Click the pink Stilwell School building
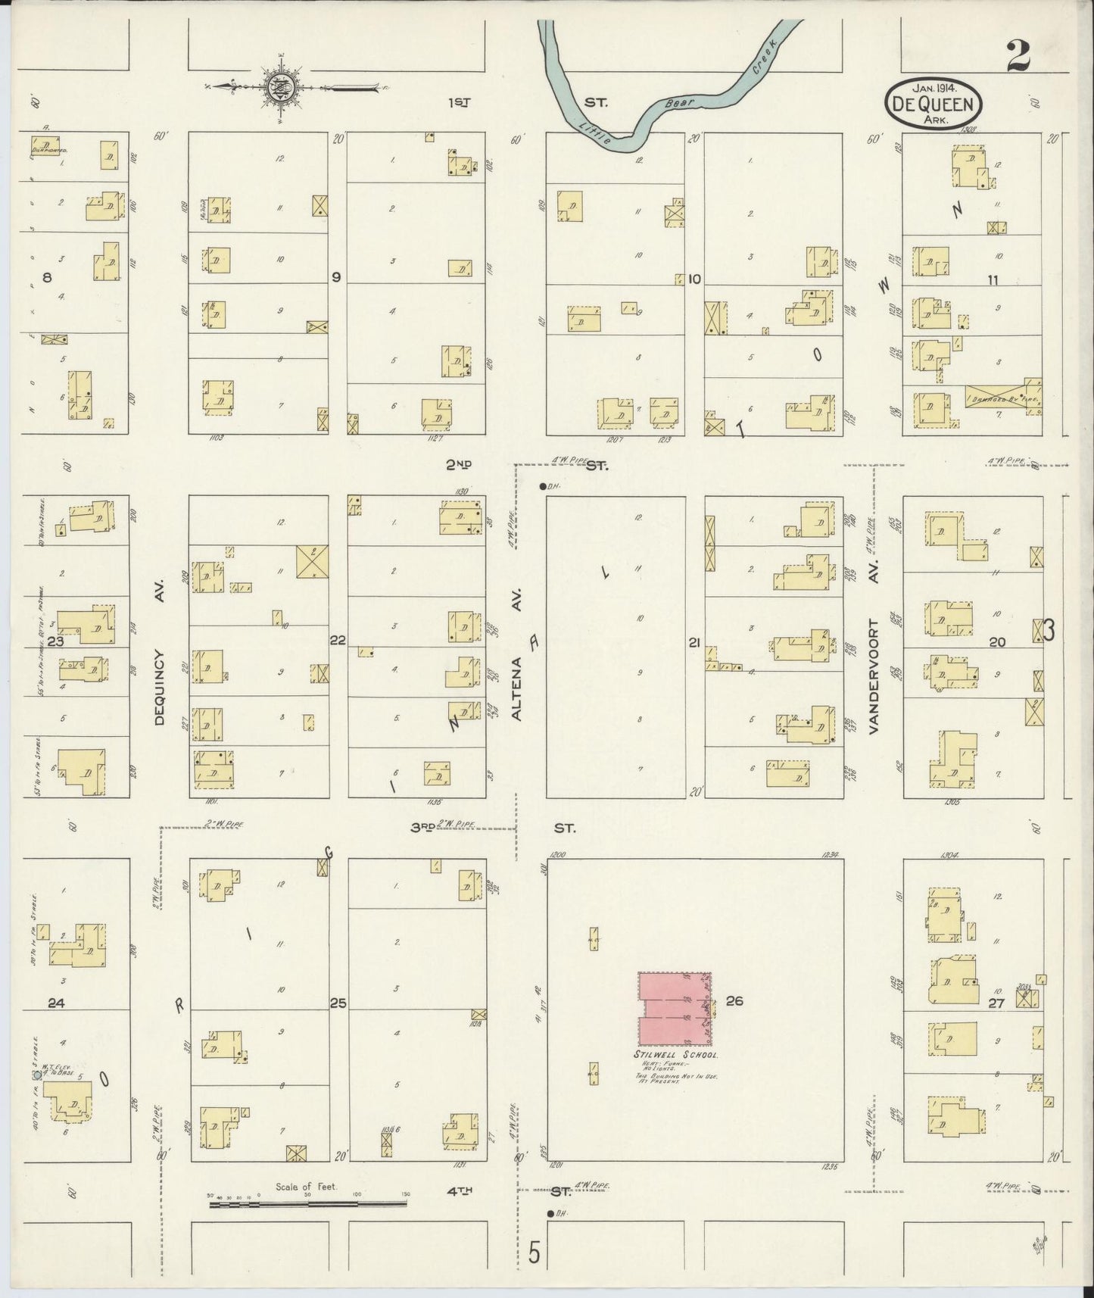pyautogui.click(x=674, y=1007)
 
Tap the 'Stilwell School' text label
pyautogui.click(x=675, y=1055)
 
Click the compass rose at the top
pyautogui.click(x=279, y=88)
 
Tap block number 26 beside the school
pyautogui.click(x=734, y=1000)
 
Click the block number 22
pyautogui.click(x=338, y=641)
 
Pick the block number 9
pyautogui.click(x=335, y=277)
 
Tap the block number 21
pyautogui.click(x=694, y=643)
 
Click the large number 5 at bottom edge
pyautogui.click(x=535, y=1253)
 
